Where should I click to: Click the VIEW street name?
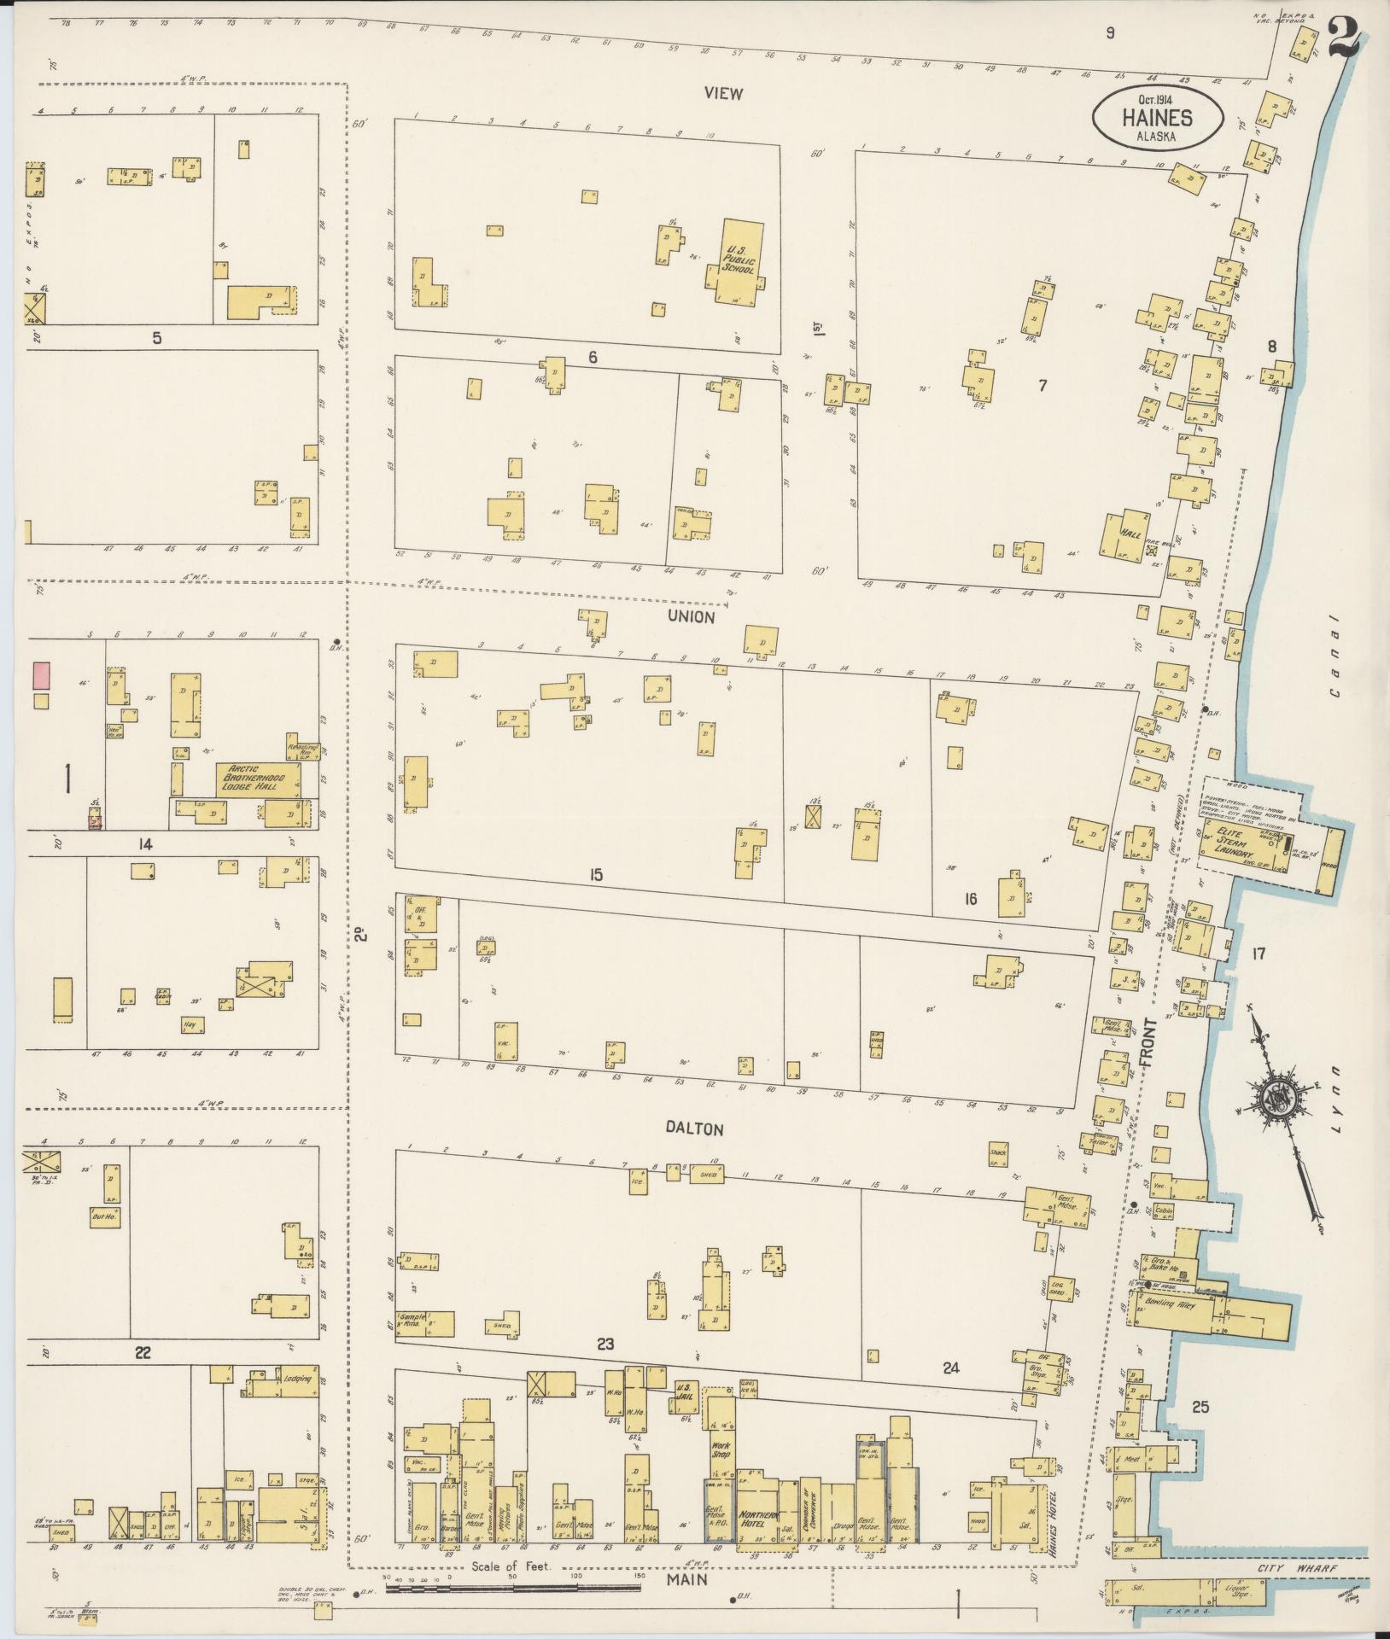click(x=723, y=94)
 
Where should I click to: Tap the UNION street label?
click(x=692, y=616)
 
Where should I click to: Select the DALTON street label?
click(x=694, y=1129)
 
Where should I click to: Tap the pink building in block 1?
click(x=40, y=676)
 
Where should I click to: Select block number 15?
click(x=595, y=873)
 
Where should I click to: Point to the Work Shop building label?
click(x=719, y=1450)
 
